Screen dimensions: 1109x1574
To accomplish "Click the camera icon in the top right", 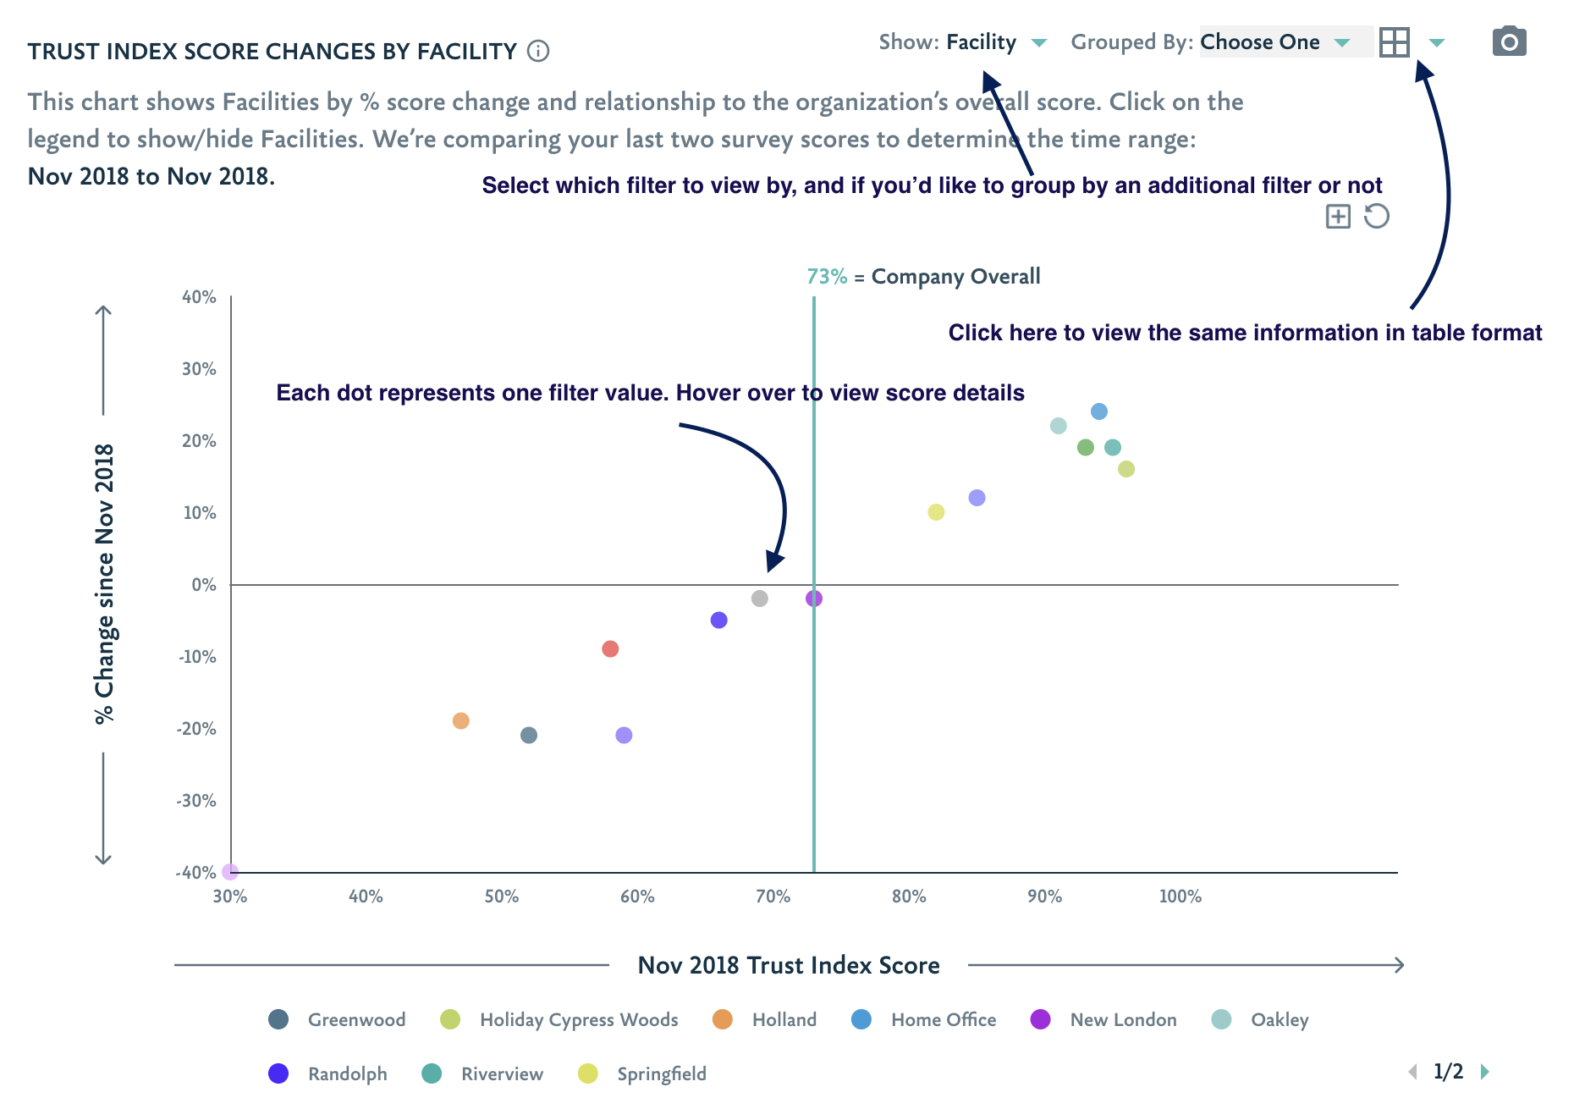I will [x=1509, y=41].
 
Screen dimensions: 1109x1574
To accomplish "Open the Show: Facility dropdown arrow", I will [x=1039, y=42].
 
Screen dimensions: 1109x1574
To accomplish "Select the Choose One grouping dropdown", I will [x=1274, y=42].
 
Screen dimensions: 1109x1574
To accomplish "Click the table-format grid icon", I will [x=1394, y=42].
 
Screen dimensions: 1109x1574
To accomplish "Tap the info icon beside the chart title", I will [x=538, y=52].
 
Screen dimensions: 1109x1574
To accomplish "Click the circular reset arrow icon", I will [x=1377, y=217].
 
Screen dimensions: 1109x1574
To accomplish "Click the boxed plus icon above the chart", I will [x=1338, y=217].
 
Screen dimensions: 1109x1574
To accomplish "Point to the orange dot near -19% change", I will [x=460, y=720].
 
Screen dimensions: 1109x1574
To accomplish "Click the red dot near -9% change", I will [x=610, y=649].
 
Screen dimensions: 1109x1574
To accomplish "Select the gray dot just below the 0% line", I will [x=760, y=599].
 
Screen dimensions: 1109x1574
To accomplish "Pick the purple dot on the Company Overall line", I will [x=814, y=599].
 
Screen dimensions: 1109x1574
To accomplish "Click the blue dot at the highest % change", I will [x=1099, y=411].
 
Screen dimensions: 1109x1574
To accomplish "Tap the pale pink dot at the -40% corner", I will [x=230, y=871].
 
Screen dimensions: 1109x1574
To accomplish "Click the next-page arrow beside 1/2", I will [x=1485, y=1072].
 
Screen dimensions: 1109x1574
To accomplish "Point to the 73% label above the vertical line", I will [x=827, y=277].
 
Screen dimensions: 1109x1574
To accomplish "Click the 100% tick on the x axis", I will [x=1180, y=897].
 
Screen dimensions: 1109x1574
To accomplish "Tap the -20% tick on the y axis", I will [x=196, y=729].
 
